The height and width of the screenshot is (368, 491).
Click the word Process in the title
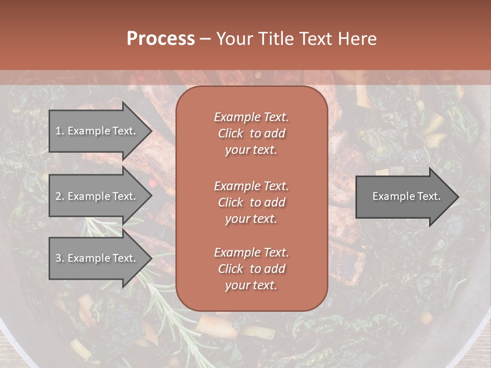[161, 39]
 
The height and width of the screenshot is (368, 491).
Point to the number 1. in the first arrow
[59, 131]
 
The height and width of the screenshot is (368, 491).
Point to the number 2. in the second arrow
[59, 196]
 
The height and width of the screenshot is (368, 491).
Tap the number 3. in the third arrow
[59, 258]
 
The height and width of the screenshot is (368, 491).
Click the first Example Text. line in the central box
[251, 117]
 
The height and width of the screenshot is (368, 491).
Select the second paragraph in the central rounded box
[251, 202]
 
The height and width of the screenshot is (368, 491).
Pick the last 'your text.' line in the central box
[251, 286]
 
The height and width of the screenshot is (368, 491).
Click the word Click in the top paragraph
[230, 133]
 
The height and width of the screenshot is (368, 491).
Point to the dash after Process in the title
[205, 39]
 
